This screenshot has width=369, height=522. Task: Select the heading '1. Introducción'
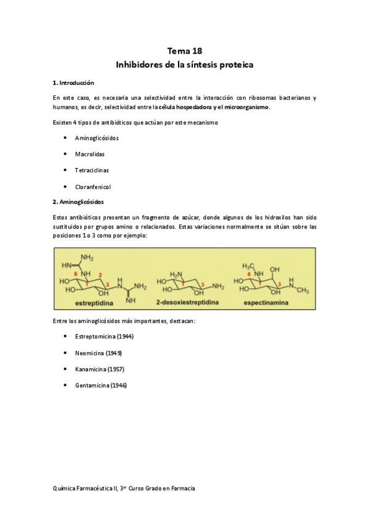pyautogui.click(x=73, y=82)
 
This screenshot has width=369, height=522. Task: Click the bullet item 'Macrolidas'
pyautogui.click(x=89, y=153)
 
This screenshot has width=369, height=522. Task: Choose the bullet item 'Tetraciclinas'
pyautogui.click(x=91, y=169)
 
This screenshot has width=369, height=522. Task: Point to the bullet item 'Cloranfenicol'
pyautogui.click(x=92, y=186)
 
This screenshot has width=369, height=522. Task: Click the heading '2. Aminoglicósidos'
pyautogui.click(x=78, y=201)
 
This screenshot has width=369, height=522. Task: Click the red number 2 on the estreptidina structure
pyautogui.click(x=100, y=274)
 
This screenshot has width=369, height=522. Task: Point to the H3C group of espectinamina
pyautogui.click(x=249, y=266)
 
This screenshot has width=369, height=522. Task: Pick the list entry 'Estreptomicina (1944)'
pyautogui.click(x=104, y=336)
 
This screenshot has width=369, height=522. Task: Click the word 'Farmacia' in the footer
pyautogui.click(x=182, y=488)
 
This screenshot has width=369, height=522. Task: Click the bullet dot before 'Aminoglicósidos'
pyautogui.click(x=65, y=137)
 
